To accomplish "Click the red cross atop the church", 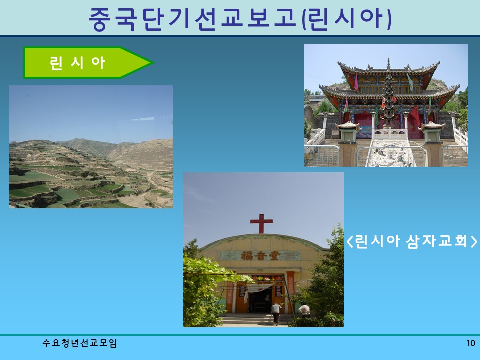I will click(x=261, y=223).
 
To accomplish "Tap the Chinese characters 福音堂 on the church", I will click(x=262, y=255).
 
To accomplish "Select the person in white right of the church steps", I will click(x=304, y=310).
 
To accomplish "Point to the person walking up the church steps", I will click(x=275, y=313).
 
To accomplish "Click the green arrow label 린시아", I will click(x=80, y=63).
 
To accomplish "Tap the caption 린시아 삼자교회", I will click(x=411, y=241).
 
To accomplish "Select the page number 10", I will click(x=470, y=343).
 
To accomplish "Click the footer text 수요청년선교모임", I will click(x=80, y=343).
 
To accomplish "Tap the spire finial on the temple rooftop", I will click(x=388, y=63).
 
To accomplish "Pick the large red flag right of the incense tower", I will click(x=414, y=115).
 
